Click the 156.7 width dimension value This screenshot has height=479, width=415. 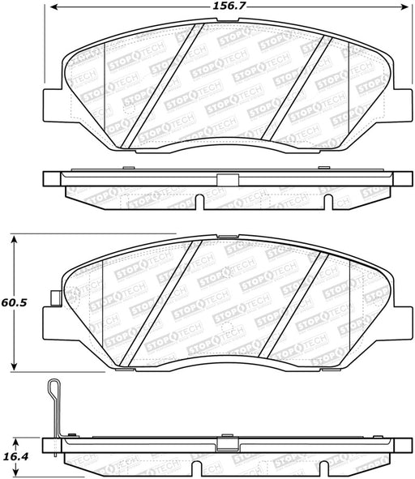coord(229,6)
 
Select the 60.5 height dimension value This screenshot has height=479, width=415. coord(14,302)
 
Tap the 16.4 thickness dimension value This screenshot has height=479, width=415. coord(16,456)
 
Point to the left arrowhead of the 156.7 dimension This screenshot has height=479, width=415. coord(54,6)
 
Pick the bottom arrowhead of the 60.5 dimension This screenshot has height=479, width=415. coord(14,366)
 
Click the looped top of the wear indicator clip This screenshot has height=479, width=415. coord(54,386)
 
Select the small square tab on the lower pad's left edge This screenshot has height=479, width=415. coord(56,297)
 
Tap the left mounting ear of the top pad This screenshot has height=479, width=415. coord(53,105)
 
